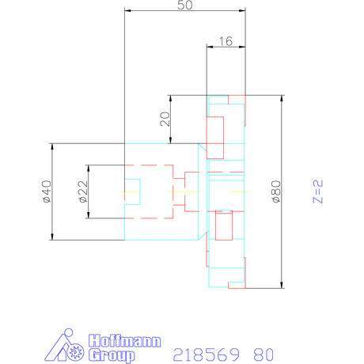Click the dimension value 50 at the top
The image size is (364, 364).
click(185, 6)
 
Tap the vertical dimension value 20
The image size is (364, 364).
click(164, 119)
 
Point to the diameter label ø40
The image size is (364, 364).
click(46, 192)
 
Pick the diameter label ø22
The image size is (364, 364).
click(83, 192)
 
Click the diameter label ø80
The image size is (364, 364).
click(275, 192)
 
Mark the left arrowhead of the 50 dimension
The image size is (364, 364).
click(127, 11)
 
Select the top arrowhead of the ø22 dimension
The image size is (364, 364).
click(89, 167)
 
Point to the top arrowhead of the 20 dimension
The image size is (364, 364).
click(169, 98)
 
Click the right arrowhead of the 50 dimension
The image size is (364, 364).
click(243, 11)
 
